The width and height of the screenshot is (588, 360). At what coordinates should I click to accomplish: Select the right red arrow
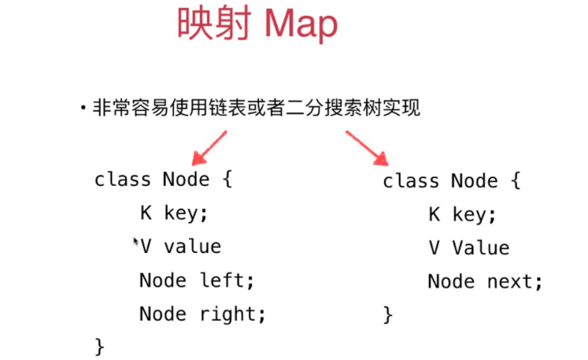[x=366, y=147]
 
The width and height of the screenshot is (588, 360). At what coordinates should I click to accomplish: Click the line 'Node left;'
[x=197, y=280]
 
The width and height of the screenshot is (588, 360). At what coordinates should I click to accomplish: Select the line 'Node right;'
[x=202, y=314]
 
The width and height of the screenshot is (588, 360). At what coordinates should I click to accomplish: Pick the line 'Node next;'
[x=485, y=281]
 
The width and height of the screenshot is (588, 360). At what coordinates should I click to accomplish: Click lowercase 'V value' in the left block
[x=180, y=247]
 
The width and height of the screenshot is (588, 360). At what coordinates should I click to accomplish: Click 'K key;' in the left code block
[x=174, y=213]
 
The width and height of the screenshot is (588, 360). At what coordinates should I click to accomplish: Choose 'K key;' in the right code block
[x=462, y=214]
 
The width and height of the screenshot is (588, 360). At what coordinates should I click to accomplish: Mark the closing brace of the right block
[x=387, y=315]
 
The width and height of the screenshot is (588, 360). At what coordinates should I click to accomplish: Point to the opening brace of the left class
[x=227, y=180]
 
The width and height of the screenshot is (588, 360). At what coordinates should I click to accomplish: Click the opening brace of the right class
[x=515, y=181]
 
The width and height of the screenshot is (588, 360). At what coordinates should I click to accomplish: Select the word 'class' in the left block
[x=122, y=180]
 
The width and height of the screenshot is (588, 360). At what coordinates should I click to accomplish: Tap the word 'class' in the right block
[x=411, y=181]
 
